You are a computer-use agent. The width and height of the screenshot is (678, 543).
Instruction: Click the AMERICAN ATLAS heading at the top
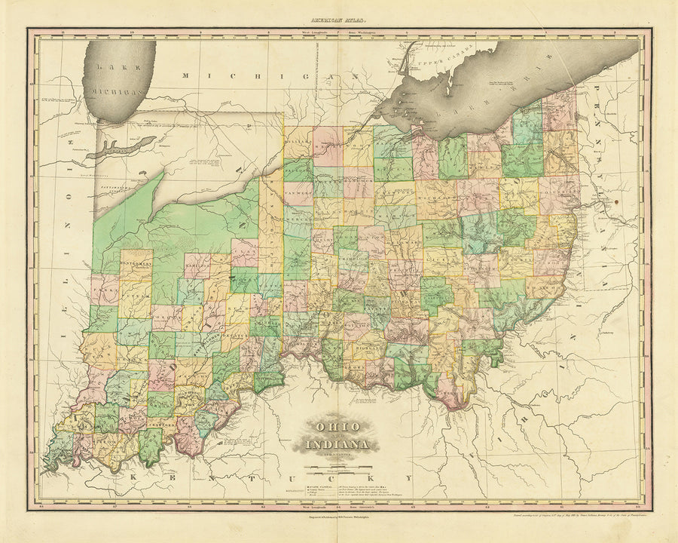pos(339,23)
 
